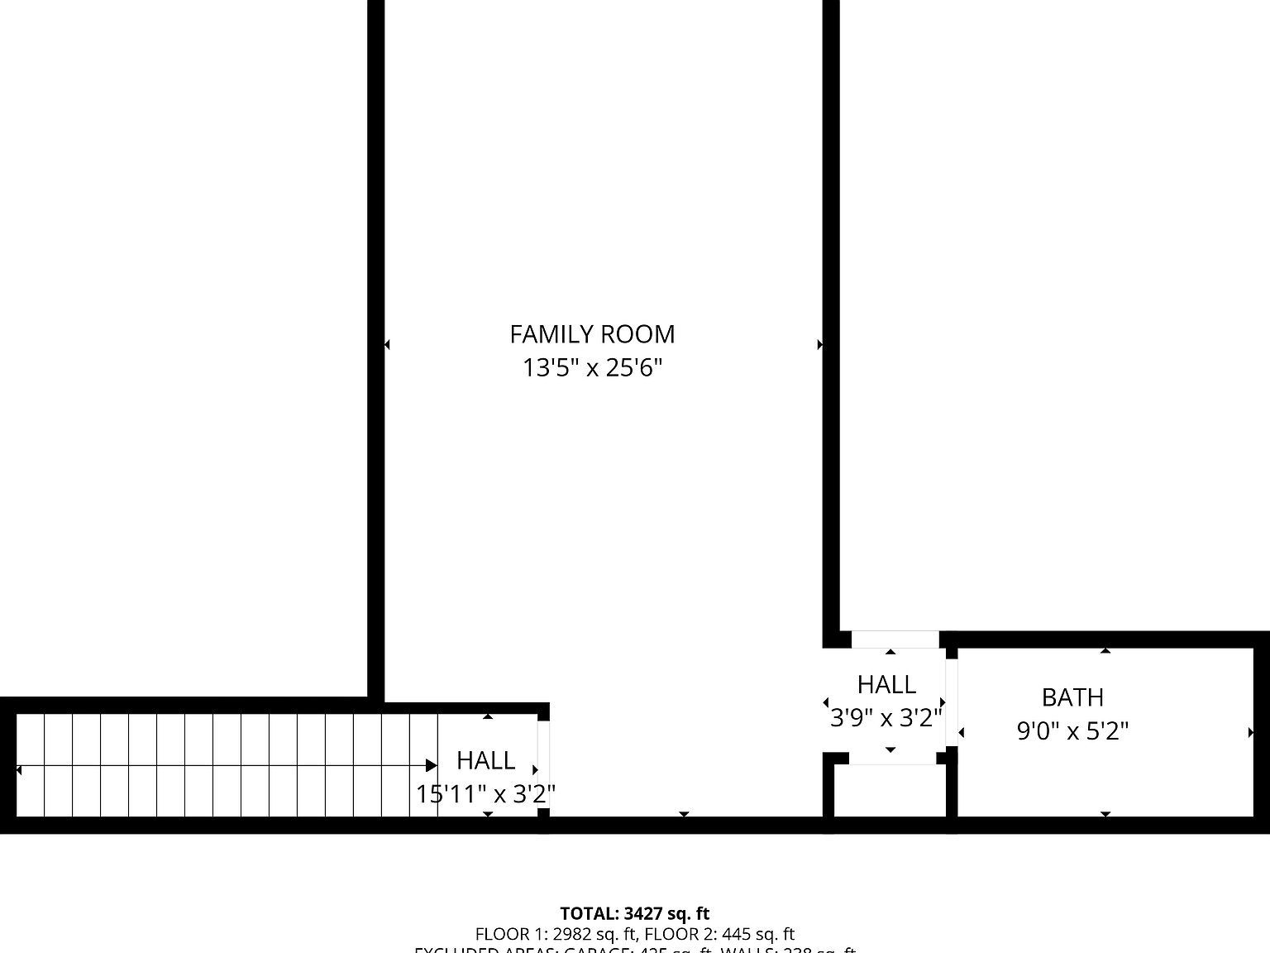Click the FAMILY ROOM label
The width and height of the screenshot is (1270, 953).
(592, 334)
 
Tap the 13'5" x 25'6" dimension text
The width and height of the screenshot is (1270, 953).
(592, 367)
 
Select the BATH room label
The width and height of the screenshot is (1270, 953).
(1072, 697)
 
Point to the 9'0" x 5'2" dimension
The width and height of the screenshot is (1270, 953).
(1072, 731)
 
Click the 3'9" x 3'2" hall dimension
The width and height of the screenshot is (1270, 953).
(886, 717)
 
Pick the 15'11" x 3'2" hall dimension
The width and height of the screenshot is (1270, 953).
(485, 794)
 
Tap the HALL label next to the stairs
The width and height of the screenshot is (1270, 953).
(485, 760)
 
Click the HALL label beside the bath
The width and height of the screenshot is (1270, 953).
(886, 684)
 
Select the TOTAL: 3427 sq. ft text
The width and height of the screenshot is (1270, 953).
(634, 913)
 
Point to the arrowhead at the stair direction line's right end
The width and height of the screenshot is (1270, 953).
(432, 766)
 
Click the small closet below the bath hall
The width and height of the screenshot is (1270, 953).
(890, 790)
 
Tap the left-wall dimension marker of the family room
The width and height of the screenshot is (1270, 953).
(387, 344)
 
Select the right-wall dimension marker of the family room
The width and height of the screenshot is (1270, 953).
(820, 344)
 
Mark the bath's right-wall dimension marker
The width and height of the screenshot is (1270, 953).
(1250, 732)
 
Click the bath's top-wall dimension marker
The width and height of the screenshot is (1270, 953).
(1105, 651)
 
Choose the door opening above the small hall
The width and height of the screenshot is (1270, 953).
(895, 639)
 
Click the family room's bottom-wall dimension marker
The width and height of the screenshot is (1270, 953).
(684, 815)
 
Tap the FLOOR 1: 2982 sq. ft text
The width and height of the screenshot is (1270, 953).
(556, 935)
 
